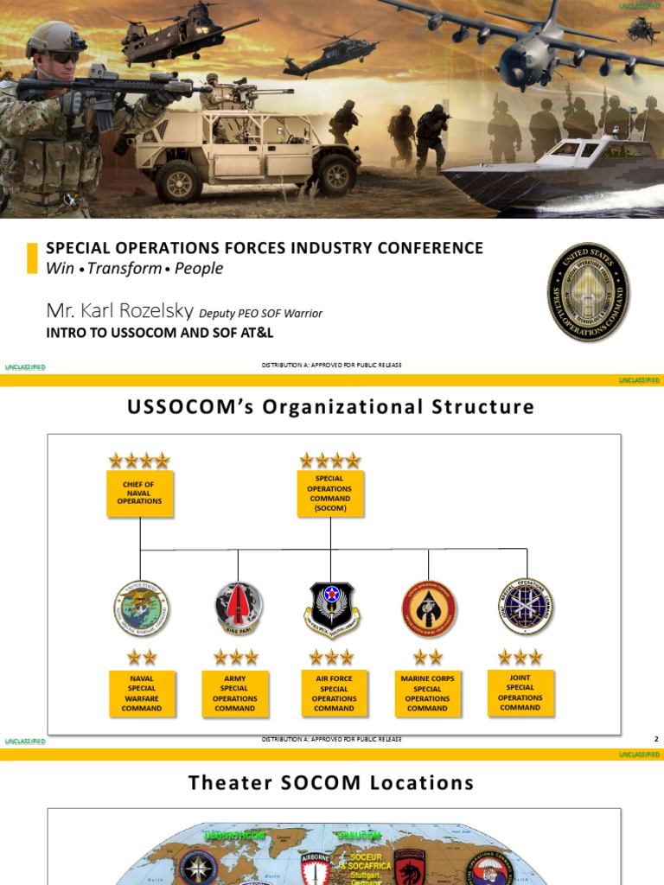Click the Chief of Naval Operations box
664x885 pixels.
click(140, 493)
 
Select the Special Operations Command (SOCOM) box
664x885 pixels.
click(329, 493)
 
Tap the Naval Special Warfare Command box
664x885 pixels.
click(142, 693)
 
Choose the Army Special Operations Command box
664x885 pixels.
click(235, 693)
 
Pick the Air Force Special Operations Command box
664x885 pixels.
click(334, 693)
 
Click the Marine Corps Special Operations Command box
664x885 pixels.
click(427, 693)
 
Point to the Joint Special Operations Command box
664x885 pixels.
click(520, 692)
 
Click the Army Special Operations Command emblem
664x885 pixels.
click(239, 608)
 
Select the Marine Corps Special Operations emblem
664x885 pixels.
click(429, 608)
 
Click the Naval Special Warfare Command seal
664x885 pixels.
click(142, 608)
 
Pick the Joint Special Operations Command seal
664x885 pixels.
click(525, 606)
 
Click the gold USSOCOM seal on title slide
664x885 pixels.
click(588, 291)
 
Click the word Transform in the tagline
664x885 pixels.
click(124, 268)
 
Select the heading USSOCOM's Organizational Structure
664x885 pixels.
click(331, 406)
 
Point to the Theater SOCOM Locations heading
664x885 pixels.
click(331, 783)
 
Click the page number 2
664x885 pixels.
click(656, 739)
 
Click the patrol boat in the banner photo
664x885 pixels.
click(553, 169)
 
